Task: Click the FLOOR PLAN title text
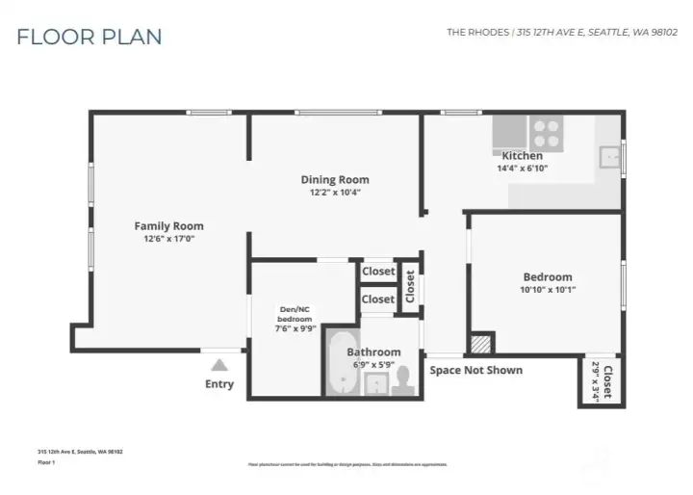coord(89,37)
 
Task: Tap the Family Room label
coord(168,226)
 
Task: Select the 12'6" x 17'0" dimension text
coord(168,239)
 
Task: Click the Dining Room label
coord(334,179)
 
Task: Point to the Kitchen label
coord(523,155)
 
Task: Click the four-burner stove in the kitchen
coord(547,131)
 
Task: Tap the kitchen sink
coord(609,157)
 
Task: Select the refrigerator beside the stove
coord(509,131)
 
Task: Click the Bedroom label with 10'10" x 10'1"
coord(547,277)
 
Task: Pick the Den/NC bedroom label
coord(295,313)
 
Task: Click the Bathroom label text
coord(373,352)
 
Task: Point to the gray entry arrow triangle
coord(219,365)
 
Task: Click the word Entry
coord(219,384)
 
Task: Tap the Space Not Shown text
coord(475,370)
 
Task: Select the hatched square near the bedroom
coord(480,344)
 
